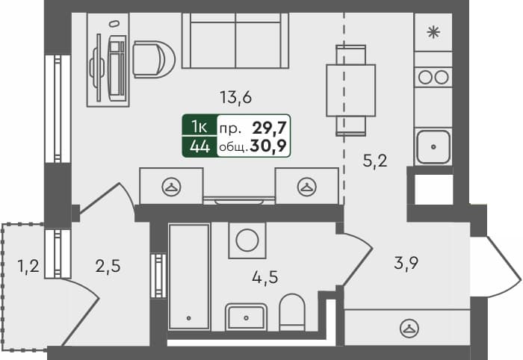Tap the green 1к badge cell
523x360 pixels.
199,127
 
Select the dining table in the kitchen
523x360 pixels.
350,89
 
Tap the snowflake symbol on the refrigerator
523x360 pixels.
433,32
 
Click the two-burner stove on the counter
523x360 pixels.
433,76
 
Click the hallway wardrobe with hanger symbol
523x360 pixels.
407,326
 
